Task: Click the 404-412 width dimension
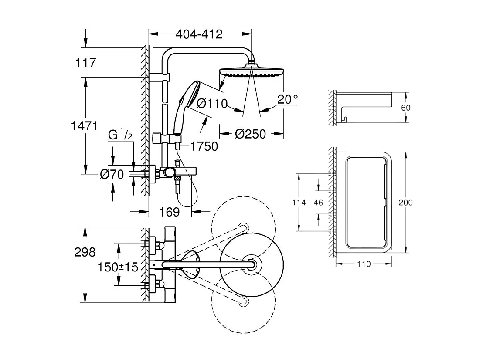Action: [x=199, y=34]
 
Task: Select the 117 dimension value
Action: [x=85, y=63]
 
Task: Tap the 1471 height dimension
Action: [x=84, y=126]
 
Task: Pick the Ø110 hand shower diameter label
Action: [x=212, y=104]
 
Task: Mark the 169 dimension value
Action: [x=170, y=212]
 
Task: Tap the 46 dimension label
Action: [x=319, y=203]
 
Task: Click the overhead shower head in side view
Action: [x=252, y=71]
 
